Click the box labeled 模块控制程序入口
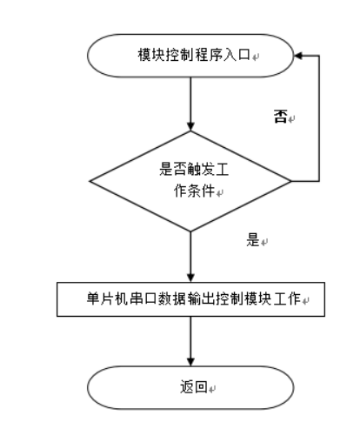[190, 55]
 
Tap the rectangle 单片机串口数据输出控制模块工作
[190, 298]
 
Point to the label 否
[280, 116]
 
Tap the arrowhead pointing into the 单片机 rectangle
[190, 277]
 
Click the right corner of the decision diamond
[289, 182]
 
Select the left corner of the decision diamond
[91, 182]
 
